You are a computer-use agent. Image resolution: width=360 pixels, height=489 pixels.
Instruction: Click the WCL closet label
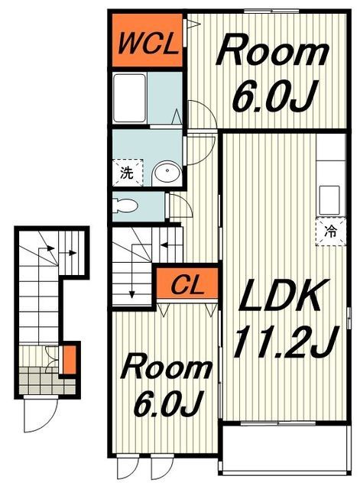pyautogui.click(x=148, y=45)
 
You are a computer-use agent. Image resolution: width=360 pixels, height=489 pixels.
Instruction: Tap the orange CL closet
pyautogui.click(x=186, y=283)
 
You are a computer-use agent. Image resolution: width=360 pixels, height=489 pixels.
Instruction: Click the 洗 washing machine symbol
pyautogui.click(x=128, y=173)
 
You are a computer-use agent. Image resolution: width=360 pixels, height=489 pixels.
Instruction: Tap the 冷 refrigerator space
pyautogui.click(x=330, y=232)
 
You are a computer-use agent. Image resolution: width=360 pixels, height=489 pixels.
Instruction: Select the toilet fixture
pyautogui.click(x=125, y=206)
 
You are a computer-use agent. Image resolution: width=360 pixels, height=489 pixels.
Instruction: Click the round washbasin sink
pyautogui.click(x=167, y=172)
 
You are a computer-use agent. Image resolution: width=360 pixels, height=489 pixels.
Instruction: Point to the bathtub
pyautogui.click(x=129, y=98)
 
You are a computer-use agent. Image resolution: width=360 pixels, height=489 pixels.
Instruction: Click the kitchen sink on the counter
pyautogui.click(x=329, y=200)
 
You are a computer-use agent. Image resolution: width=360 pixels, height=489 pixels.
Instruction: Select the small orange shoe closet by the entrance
pyautogui.click(x=70, y=360)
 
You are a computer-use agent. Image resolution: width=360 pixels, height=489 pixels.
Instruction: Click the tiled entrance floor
pyautogui.click(x=47, y=381)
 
